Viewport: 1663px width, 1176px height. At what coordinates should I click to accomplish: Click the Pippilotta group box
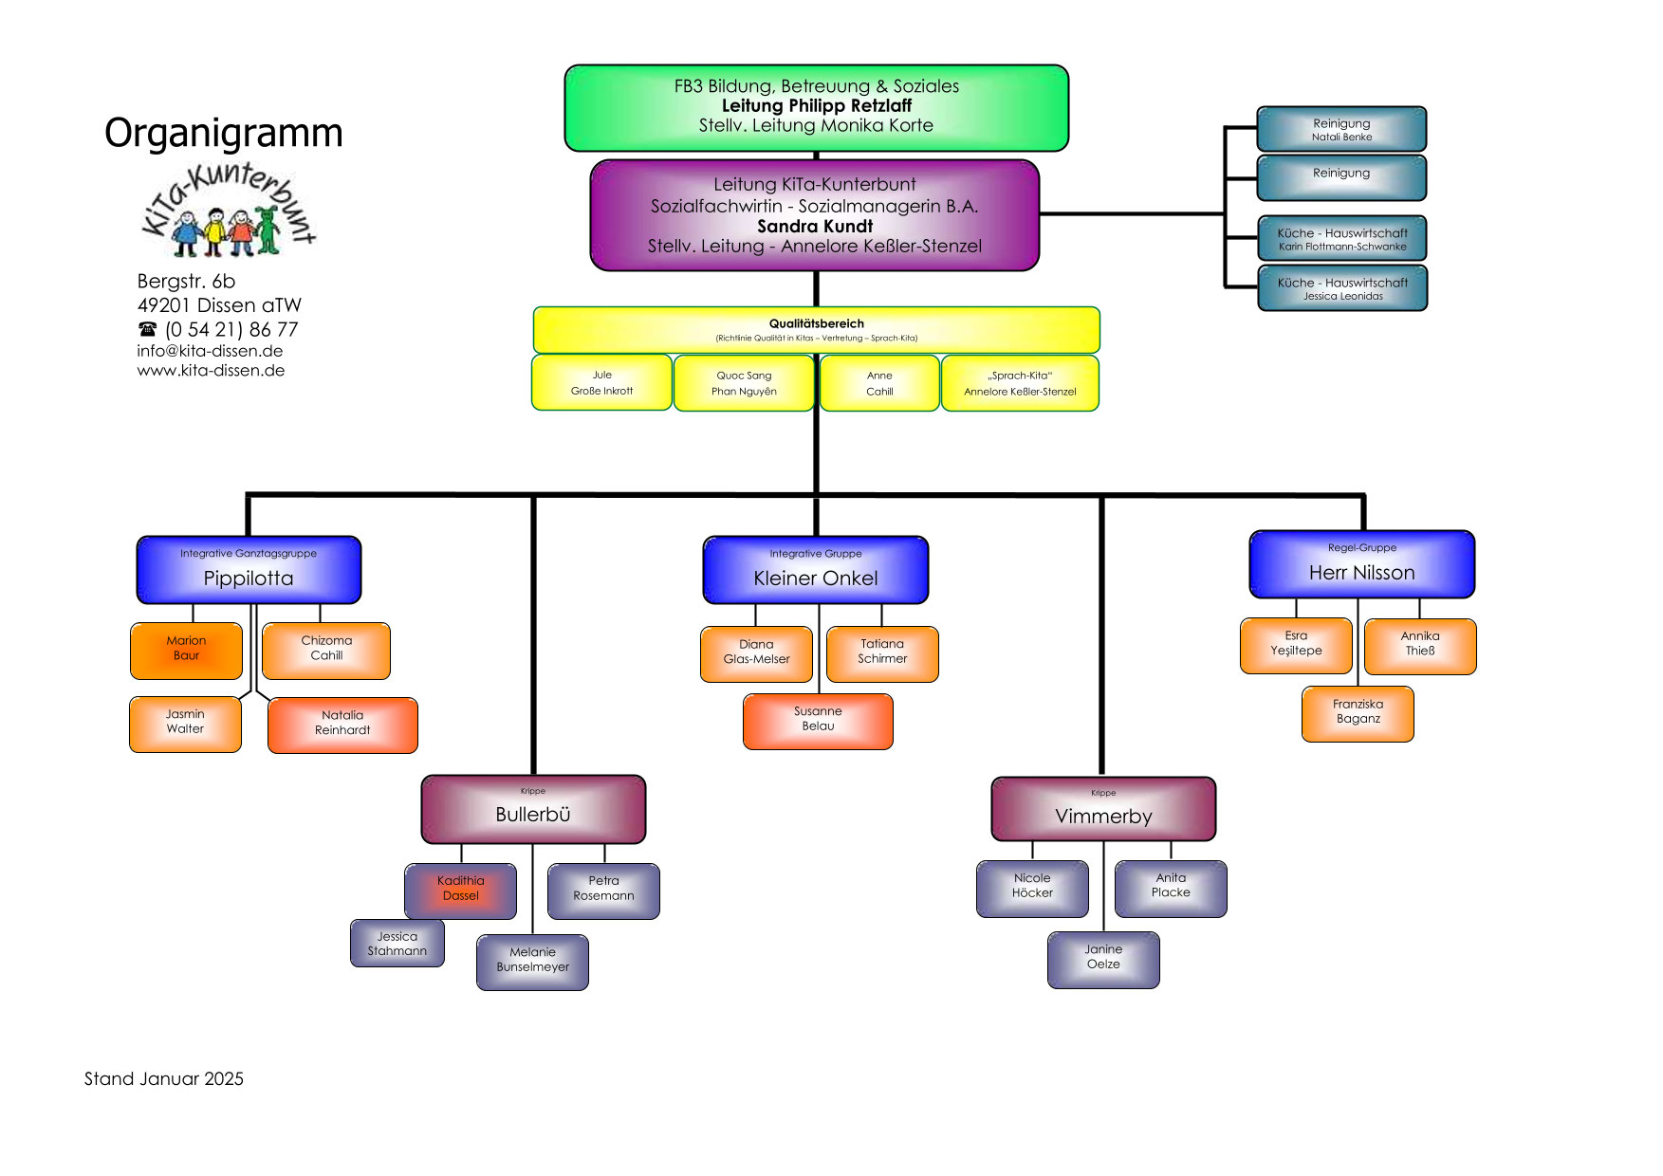tap(249, 570)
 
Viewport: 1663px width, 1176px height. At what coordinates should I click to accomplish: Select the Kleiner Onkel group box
tap(816, 570)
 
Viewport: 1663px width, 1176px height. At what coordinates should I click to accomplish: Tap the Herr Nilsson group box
tap(1362, 564)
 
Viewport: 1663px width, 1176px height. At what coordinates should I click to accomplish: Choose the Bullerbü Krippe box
tap(533, 809)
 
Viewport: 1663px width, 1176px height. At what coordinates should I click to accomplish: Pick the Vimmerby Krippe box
tap(1103, 810)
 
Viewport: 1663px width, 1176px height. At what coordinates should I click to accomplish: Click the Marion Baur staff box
tap(186, 651)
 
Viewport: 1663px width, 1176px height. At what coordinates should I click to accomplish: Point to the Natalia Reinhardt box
tap(342, 725)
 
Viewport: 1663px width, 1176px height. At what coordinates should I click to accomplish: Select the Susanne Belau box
tap(818, 721)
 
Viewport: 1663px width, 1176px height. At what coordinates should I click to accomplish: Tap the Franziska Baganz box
tap(1358, 713)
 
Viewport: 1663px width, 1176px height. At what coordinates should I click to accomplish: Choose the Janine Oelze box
tap(1103, 959)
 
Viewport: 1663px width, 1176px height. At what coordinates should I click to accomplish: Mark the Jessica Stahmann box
tap(397, 944)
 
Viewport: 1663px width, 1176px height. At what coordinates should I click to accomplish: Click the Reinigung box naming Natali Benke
tap(1341, 129)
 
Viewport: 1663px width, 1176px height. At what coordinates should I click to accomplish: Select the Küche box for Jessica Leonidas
tap(1342, 288)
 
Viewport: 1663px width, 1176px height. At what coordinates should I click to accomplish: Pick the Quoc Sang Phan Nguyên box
tap(744, 383)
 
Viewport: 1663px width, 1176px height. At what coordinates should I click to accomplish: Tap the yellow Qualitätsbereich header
tap(816, 329)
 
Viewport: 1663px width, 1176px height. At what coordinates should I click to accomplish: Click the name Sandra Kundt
tap(815, 226)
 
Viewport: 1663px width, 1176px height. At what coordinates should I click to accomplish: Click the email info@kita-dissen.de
tap(210, 351)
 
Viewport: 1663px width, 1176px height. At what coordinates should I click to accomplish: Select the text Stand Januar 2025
tap(164, 1079)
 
